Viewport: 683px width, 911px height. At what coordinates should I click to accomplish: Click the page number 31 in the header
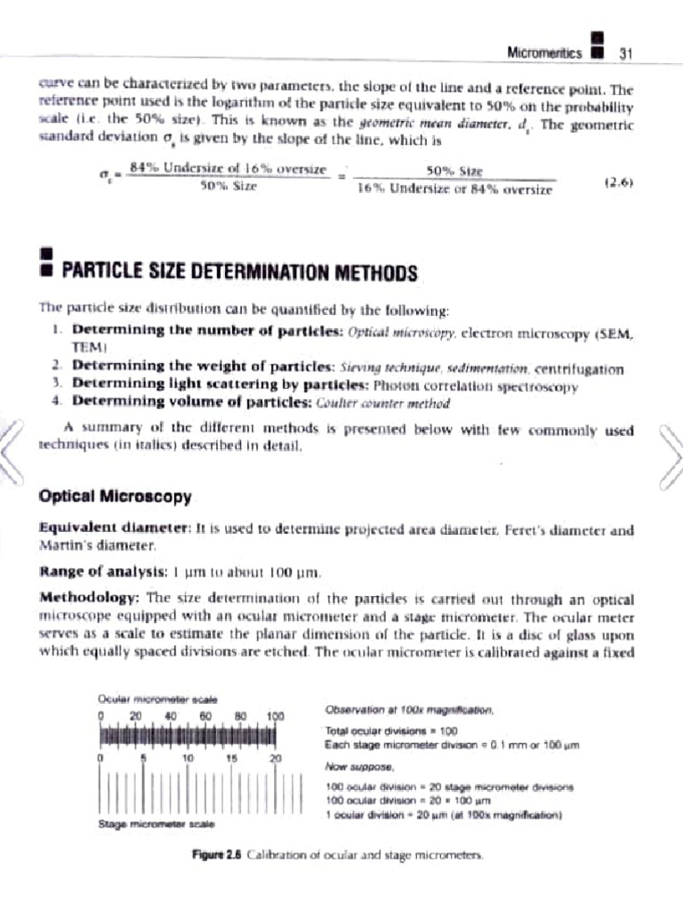[x=624, y=53]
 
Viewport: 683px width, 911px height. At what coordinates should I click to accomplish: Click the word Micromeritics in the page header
[x=544, y=53]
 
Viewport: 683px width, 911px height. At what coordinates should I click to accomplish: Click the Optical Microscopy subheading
[x=103, y=495]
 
